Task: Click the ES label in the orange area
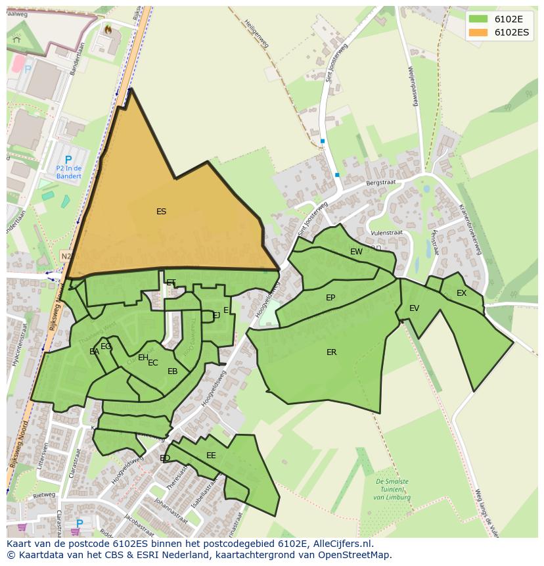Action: pyautogui.click(x=161, y=212)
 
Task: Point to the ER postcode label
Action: pyautogui.click(x=331, y=352)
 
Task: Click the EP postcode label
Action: pyautogui.click(x=330, y=298)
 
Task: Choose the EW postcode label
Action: pyautogui.click(x=356, y=252)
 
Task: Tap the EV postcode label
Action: pyautogui.click(x=414, y=308)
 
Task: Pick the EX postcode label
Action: pyautogui.click(x=461, y=293)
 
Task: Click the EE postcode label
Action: pyautogui.click(x=211, y=456)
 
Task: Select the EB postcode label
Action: pyautogui.click(x=172, y=371)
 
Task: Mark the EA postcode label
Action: pyautogui.click(x=94, y=352)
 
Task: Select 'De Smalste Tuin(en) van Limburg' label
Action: pyautogui.click(x=392, y=490)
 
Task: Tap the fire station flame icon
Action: pyautogui.click(x=108, y=29)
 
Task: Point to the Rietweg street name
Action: pyautogui.click(x=44, y=495)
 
